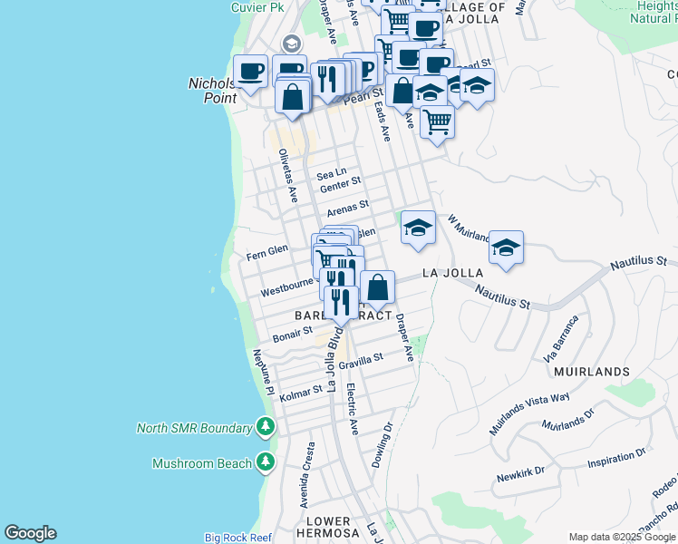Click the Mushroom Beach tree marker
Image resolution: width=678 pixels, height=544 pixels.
(x=265, y=463)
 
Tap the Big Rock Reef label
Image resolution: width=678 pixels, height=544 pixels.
(x=237, y=538)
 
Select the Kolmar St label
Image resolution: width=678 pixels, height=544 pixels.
(x=301, y=394)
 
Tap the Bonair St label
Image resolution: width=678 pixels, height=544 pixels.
(x=293, y=335)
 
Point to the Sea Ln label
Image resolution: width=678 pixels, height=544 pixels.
(x=331, y=173)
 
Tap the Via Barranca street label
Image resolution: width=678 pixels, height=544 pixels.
(x=561, y=336)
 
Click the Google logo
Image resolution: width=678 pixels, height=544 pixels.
(x=30, y=533)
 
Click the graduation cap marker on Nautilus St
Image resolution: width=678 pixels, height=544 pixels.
(x=507, y=247)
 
